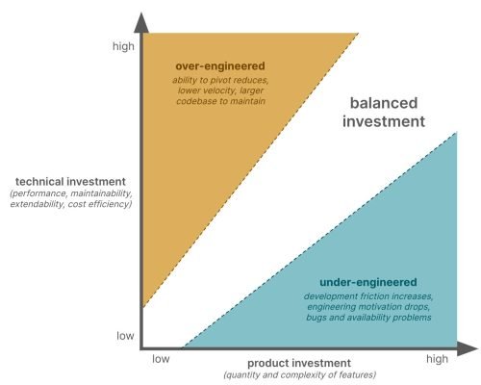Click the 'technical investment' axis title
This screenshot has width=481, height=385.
(69, 180)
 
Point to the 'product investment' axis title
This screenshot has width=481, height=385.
(299, 362)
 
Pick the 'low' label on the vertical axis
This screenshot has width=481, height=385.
(125, 336)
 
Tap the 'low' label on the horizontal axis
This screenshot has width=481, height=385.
(161, 358)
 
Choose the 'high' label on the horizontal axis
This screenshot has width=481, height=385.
(437, 358)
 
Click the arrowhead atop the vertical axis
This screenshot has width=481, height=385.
(141, 21)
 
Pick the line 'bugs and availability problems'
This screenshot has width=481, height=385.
(367, 317)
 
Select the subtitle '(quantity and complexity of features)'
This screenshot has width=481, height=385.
(299, 373)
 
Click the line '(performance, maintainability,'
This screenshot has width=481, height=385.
(69, 193)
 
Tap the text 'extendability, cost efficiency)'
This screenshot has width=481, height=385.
(69, 204)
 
